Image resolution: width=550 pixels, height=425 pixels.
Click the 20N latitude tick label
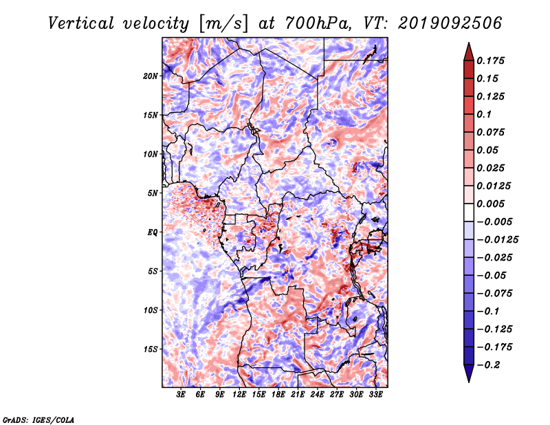(x=151, y=76)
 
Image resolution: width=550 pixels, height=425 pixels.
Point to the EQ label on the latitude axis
(x=152, y=232)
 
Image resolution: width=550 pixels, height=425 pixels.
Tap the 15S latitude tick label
(x=151, y=349)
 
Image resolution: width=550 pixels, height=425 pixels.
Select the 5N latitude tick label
(x=153, y=193)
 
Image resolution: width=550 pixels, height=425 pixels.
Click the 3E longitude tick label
(x=181, y=395)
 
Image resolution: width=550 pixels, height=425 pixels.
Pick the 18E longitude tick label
(x=278, y=395)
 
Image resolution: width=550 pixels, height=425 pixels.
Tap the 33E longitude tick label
(x=375, y=395)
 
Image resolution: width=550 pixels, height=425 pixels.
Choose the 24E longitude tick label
(x=317, y=395)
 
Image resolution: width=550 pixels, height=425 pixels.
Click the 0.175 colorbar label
(x=490, y=61)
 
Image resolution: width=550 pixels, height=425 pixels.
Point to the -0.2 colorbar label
(x=488, y=365)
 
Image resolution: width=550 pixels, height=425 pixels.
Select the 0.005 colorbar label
(x=490, y=204)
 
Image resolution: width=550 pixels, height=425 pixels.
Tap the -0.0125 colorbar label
(x=497, y=240)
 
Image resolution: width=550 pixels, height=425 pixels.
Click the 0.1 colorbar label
(x=484, y=114)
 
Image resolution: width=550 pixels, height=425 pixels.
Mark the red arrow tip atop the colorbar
(x=469, y=43)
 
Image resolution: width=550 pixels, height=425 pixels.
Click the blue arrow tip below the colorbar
(x=469, y=382)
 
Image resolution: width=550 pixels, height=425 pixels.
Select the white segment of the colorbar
(x=469, y=212)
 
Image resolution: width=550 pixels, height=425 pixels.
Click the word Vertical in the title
(x=81, y=23)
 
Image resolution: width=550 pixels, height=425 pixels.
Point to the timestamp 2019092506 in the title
(x=450, y=23)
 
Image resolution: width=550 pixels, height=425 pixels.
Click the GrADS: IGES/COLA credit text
(x=38, y=419)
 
